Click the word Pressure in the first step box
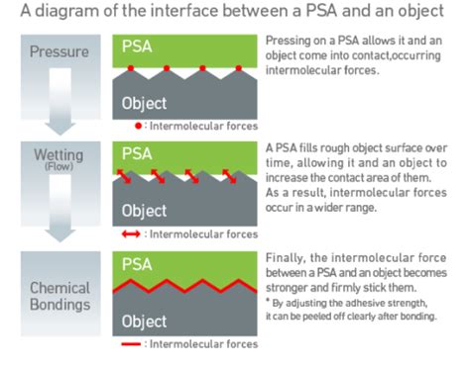point(59,51)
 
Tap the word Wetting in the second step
point(59,154)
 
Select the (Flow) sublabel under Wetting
point(59,166)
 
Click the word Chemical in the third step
point(59,288)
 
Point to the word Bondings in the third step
point(60,305)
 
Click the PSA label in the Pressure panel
point(137,46)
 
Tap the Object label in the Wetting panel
point(144,211)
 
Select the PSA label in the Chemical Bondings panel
point(137,264)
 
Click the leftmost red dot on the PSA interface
point(131,68)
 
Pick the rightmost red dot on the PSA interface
point(239,68)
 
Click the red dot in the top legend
point(139,126)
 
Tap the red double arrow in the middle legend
point(131,234)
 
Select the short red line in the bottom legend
point(131,344)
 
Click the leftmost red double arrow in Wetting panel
point(124,176)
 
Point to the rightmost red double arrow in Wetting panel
point(229,176)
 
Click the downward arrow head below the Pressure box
point(60,129)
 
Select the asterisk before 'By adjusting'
point(268,300)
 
